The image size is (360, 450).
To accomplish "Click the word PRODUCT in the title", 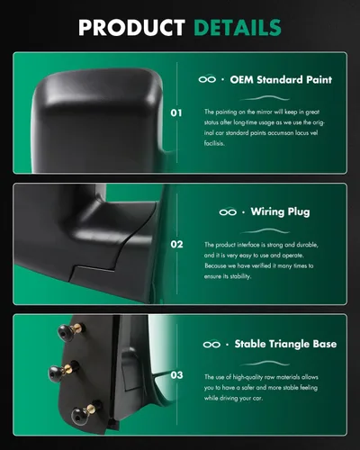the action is click(131, 28).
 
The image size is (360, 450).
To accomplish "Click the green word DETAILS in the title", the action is click(238, 28).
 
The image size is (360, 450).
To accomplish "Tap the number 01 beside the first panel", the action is click(176, 113).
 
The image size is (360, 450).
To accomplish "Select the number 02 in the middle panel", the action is click(176, 245).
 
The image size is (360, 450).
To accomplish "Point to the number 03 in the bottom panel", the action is click(176, 375).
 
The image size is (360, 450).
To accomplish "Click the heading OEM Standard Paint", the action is click(281, 80).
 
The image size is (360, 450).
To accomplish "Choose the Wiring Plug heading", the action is click(280, 211).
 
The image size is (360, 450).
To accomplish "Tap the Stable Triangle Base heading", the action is click(285, 344).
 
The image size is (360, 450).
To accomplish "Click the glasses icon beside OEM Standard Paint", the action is click(207, 79).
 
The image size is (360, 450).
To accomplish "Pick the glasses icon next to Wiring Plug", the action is click(228, 212).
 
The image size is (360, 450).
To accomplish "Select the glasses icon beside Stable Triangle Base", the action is click(211, 344).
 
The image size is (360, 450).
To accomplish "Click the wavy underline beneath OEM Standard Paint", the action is click(265, 98).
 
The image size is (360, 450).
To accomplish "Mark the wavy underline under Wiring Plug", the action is click(265, 231).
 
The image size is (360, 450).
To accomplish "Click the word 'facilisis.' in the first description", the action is click(214, 143).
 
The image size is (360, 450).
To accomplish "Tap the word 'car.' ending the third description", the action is click(257, 399).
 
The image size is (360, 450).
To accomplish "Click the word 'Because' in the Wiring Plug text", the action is click(215, 265).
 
